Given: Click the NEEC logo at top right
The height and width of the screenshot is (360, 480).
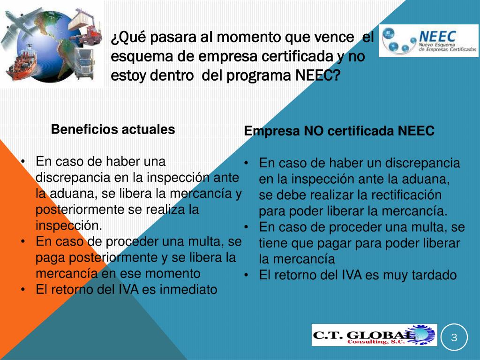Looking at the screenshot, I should coord(428,41).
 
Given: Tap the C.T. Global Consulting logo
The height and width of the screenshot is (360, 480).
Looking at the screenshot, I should coord(374,335).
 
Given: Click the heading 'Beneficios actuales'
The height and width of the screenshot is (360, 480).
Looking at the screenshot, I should coord(113,129).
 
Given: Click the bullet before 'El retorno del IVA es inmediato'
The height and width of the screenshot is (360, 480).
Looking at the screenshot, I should coord(23,290).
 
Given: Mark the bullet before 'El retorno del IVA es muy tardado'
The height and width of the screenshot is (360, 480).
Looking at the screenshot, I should coord(246,275).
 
